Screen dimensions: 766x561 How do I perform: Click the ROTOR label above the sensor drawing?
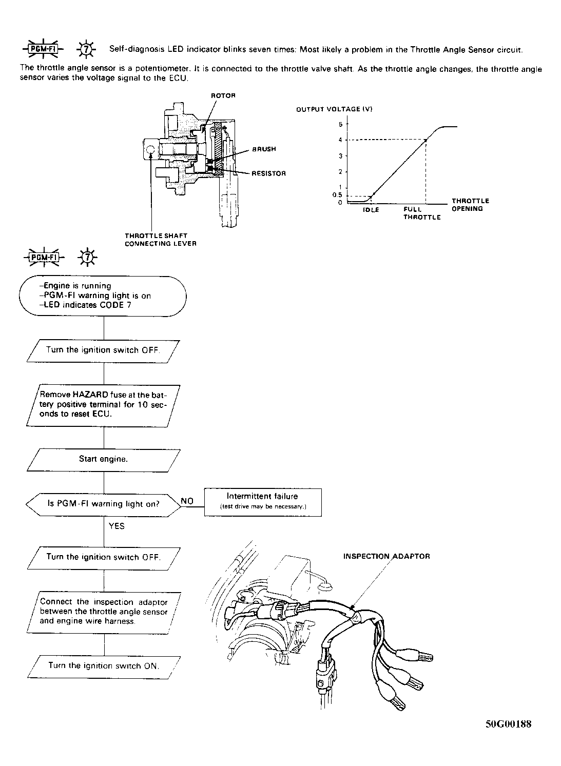tap(223, 96)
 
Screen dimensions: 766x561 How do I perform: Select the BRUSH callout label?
tap(263, 149)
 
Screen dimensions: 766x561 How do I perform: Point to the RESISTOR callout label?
tap(268, 173)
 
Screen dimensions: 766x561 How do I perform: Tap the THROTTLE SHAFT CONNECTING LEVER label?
tap(161, 240)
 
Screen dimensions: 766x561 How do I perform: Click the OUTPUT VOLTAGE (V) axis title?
tap(334, 109)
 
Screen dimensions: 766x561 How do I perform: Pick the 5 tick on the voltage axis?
tap(340, 124)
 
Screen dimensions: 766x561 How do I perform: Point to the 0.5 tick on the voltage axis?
tap(337, 195)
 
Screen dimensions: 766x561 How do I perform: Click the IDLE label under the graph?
tap(371, 210)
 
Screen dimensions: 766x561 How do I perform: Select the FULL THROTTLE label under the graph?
tap(421, 213)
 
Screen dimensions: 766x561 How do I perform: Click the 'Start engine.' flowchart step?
tap(103, 459)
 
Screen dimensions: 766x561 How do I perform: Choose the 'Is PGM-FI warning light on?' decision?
tap(103, 504)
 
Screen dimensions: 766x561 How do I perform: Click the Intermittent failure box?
tap(263, 501)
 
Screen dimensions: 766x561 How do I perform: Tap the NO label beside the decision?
tap(187, 501)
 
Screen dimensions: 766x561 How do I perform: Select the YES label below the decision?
tap(117, 526)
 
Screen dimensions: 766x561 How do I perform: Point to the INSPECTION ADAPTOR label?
tap(386, 556)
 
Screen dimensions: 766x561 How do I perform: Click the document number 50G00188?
tap(508, 724)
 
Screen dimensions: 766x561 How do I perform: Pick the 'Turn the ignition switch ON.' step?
tap(103, 665)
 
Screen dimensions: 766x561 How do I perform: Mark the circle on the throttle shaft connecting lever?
tap(150, 150)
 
